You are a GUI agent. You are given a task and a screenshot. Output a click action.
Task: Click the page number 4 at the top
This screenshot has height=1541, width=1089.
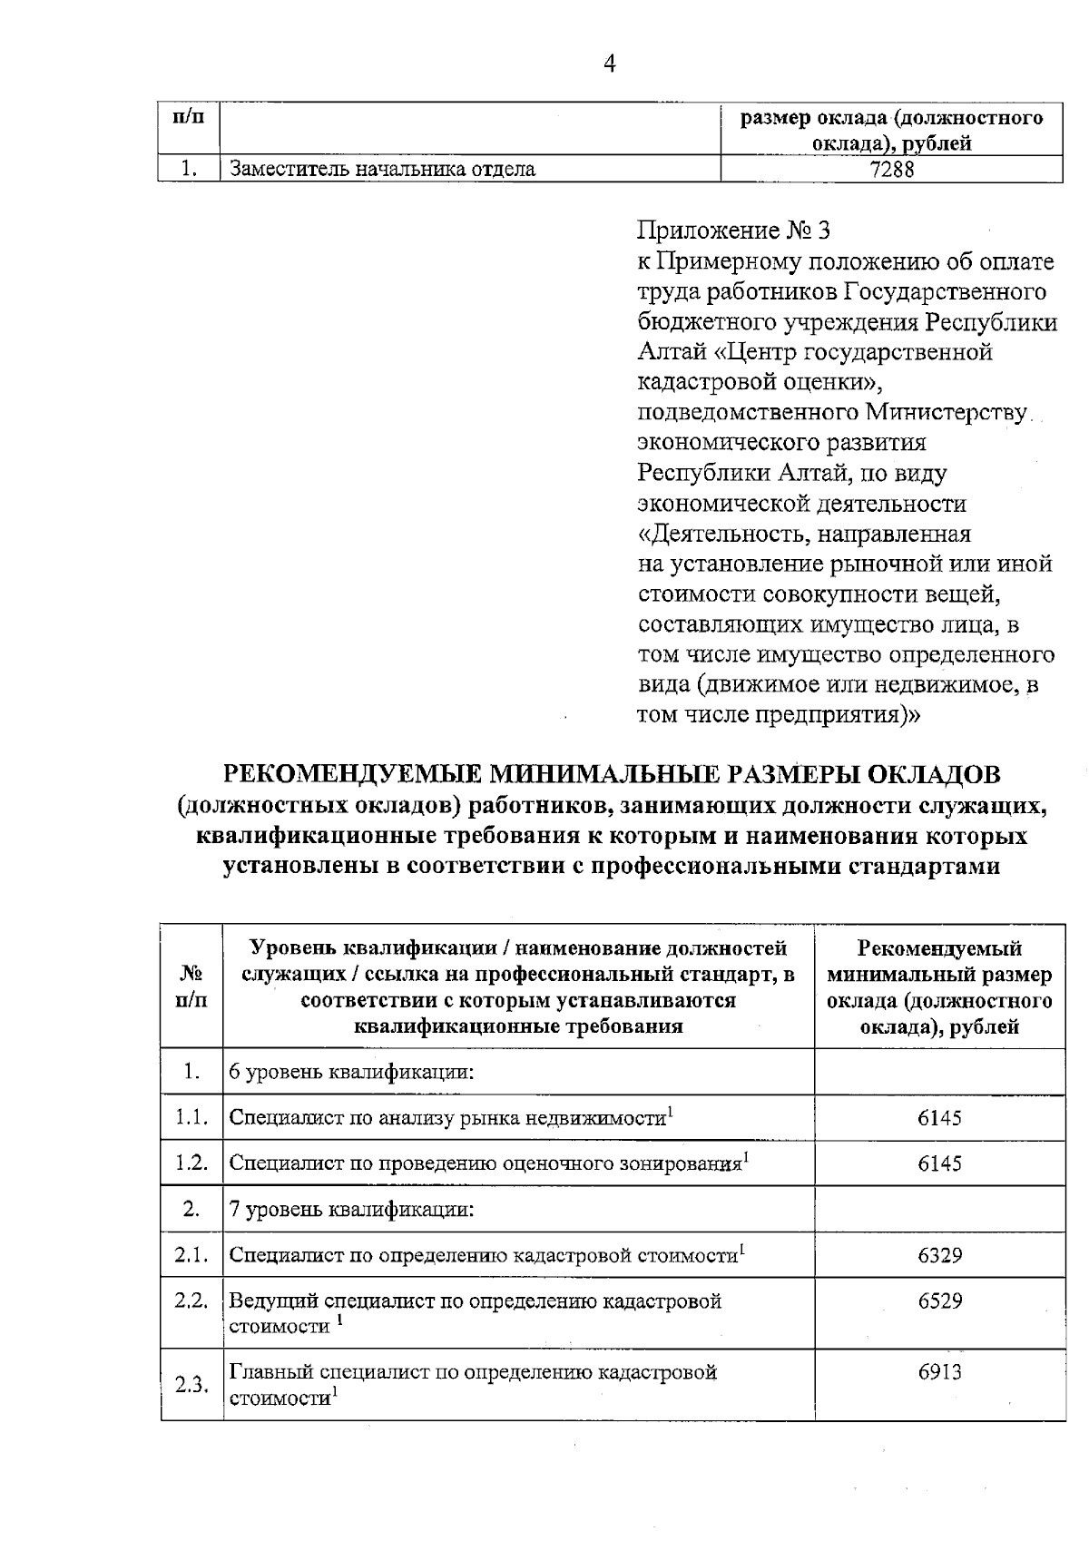pyautogui.click(x=609, y=63)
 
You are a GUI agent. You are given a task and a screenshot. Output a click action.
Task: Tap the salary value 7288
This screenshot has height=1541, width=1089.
pyautogui.click(x=891, y=169)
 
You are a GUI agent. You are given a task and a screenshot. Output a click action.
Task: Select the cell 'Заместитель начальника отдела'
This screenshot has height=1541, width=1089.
pyautogui.click(x=382, y=169)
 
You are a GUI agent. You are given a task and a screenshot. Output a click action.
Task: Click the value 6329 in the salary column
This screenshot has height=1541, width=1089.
pyautogui.click(x=939, y=1255)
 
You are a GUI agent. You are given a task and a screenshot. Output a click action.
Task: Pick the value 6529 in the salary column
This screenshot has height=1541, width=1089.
pyautogui.click(x=939, y=1301)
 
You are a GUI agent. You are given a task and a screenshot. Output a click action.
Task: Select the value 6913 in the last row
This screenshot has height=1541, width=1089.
pyautogui.click(x=939, y=1371)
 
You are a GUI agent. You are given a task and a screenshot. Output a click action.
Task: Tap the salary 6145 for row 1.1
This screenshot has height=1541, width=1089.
pyautogui.click(x=939, y=1117)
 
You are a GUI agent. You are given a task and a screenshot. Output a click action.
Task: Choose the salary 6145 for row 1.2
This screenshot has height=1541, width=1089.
pyautogui.click(x=939, y=1163)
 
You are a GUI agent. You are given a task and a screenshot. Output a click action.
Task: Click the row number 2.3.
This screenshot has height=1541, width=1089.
pyautogui.click(x=191, y=1385)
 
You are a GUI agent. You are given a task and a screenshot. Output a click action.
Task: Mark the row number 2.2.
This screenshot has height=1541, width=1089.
pyautogui.click(x=191, y=1300)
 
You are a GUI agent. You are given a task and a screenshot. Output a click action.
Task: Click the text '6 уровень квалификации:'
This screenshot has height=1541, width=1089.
pyautogui.click(x=351, y=1072)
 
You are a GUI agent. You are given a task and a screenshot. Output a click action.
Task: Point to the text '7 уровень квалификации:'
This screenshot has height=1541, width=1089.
pyautogui.click(x=351, y=1210)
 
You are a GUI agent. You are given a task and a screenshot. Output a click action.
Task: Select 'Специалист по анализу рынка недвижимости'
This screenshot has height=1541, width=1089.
pyautogui.click(x=447, y=1118)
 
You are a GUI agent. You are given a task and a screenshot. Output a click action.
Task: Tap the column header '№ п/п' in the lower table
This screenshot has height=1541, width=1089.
pyautogui.click(x=191, y=986)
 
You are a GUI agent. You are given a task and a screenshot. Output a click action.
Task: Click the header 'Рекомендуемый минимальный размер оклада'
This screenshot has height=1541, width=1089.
pyautogui.click(x=939, y=987)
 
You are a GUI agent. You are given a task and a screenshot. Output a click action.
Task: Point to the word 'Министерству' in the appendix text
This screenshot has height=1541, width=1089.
pyautogui.click(x=947, y=413)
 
